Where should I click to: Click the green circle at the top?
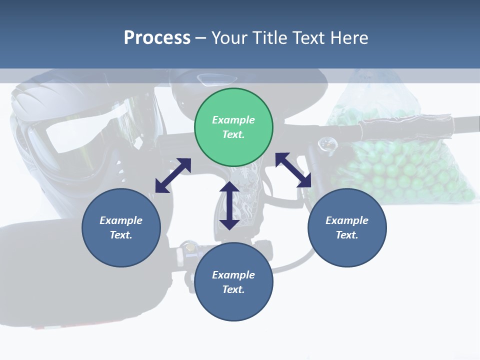[x=233, y=127]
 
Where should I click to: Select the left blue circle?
[x=121, y=227]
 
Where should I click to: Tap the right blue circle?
[x=347, y=227]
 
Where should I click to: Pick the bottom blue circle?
[x=233, y=282]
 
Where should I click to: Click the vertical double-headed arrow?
[x=229, y=205]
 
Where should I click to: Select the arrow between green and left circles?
[x=173, y=175]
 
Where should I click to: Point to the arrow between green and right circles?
[x=293, y=170]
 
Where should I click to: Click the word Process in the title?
[x=157, y=37]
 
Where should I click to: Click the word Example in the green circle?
[x=233, y=120]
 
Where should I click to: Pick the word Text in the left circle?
[x=121, y=235]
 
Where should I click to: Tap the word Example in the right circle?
[x=347, y=220]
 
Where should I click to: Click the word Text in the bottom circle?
[x=233, y=289]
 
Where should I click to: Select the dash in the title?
[x=201, y=37]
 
